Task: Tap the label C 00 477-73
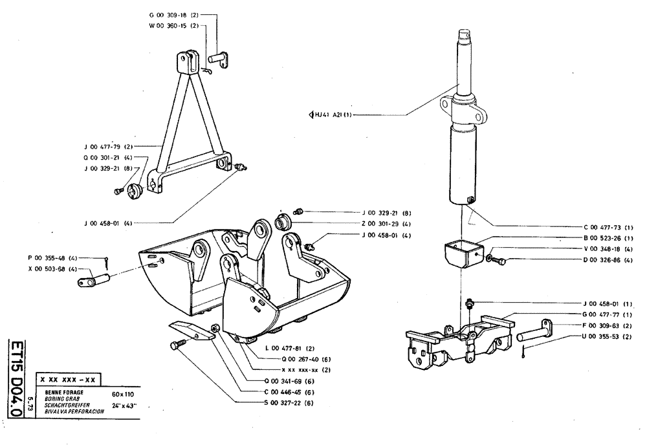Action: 608,227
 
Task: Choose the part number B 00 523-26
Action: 608,238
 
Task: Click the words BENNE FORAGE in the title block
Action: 58,393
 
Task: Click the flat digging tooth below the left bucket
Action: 192,330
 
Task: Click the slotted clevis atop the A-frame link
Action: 188,61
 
